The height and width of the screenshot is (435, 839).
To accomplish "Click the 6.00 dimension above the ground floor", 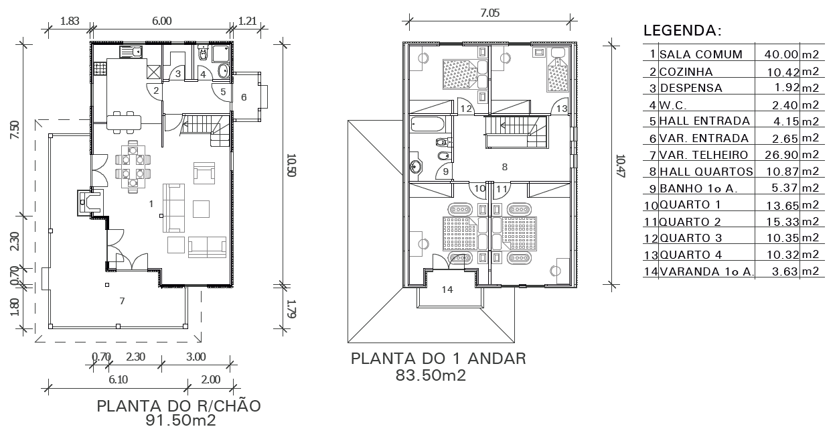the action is click(162, 21).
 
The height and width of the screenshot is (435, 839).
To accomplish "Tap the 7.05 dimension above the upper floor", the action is click(490, 13).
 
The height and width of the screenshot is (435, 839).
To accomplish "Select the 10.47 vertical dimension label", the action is click(620, 166).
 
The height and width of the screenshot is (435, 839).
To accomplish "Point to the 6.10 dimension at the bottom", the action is click(119, 379).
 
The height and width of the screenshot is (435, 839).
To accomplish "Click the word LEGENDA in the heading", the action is click(679, 30).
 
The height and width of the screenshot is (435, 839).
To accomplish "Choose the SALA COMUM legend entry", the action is click(701, 54).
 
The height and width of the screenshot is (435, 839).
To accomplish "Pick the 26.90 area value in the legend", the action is click(781, 155).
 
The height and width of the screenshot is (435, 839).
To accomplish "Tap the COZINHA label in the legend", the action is click(686, 71).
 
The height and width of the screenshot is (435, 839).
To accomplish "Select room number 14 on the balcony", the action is click(447, 290).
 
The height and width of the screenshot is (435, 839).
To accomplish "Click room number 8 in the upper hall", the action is click(504, 167).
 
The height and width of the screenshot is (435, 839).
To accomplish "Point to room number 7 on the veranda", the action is click(122, 301).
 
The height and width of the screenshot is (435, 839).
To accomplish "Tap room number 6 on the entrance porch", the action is click(244, 97).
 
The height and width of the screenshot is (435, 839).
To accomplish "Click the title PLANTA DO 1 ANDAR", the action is click(439, 359).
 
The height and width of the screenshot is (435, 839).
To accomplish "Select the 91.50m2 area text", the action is click(181, 420).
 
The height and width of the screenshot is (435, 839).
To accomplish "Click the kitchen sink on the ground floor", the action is click(131, 52).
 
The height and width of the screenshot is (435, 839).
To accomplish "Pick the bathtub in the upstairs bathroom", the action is click(427, 124).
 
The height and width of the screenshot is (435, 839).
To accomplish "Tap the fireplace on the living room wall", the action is click(90, 202).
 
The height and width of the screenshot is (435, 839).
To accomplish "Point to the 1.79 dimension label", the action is click(291, 308).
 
